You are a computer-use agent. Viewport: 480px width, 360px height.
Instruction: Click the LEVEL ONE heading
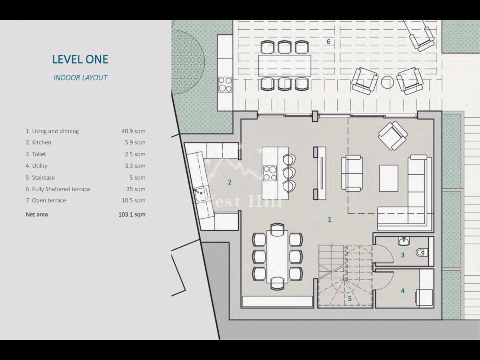(80, 59)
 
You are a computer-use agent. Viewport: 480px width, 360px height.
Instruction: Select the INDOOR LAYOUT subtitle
(80, 78)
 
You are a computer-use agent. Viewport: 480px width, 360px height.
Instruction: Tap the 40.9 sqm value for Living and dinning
(133, 131)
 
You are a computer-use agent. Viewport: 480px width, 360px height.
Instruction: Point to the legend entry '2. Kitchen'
(38, 142)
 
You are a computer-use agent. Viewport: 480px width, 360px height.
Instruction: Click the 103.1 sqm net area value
(132, 214)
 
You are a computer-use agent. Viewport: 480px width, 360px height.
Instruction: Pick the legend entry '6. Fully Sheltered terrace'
(58, 189)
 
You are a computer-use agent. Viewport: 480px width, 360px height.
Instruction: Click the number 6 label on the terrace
(328, 42)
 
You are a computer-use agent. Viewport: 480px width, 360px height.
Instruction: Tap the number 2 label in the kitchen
(229, 182)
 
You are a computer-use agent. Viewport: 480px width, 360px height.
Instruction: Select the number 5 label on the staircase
(350, 298)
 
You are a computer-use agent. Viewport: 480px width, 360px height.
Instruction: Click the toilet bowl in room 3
(421, 252)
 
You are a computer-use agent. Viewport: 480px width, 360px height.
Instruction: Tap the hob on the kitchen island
(270, 174)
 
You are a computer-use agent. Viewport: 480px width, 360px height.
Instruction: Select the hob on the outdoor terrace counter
(225, 84)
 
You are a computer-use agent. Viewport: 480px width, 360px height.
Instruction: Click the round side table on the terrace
(388, 82)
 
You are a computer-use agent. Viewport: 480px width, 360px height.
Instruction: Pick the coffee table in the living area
(388, 178)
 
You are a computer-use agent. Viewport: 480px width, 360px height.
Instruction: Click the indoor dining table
(277, 257)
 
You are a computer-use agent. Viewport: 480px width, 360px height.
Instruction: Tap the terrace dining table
(284, 66)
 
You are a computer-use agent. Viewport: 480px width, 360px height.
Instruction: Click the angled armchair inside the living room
(393, 136)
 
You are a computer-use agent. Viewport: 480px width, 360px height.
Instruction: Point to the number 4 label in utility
(402, 291)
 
